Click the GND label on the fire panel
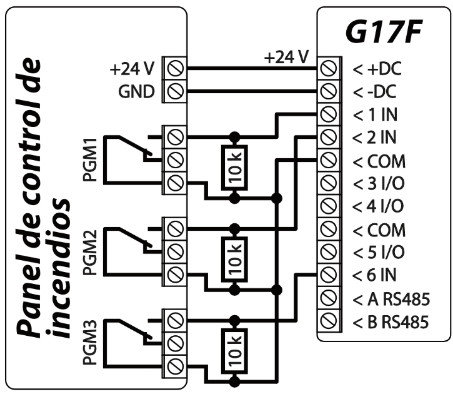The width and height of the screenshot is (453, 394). [136, 91]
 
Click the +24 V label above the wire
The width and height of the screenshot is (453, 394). [286, 58]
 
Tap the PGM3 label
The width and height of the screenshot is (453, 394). [89, 341]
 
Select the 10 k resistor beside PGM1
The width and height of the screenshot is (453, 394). [234, 166]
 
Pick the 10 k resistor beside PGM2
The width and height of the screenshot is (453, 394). [234, 258]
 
